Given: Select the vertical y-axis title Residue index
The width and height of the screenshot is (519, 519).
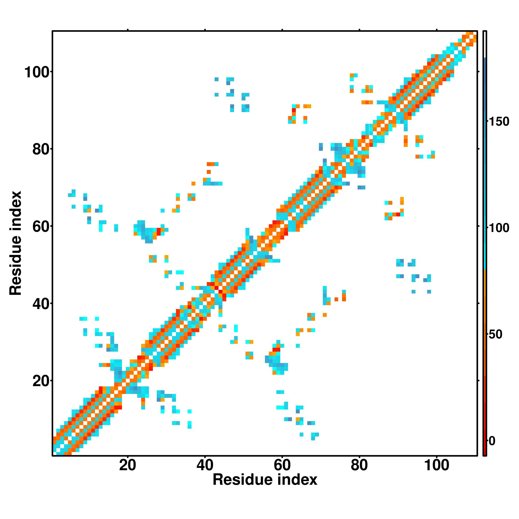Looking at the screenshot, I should click(x=15, y=243).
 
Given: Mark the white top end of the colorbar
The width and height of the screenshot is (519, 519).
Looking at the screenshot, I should click(x=485, y=44).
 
